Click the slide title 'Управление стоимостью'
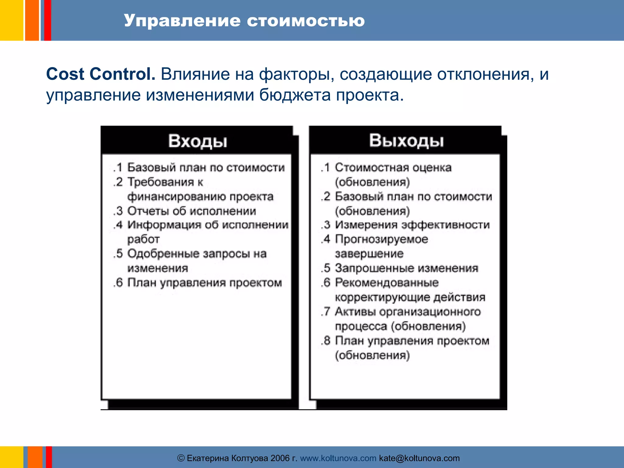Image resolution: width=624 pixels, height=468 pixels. [x=244, y=21]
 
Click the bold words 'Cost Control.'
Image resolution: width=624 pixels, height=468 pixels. [x=101, y=74]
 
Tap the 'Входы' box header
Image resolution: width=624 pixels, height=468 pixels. [x=197, y=141]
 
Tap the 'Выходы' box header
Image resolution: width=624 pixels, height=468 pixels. [x=406, y=141]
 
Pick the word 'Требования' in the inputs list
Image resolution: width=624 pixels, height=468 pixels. [x=161, y=182]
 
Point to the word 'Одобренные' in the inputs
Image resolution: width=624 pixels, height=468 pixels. [x=162, y=253]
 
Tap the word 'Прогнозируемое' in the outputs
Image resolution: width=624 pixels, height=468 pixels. [x=381, y=239]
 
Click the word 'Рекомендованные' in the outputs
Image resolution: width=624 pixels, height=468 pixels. [x=387, y=282]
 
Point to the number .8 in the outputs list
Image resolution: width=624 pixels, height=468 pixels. [x=326, y=340]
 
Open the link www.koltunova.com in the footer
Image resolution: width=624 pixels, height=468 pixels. [x=338, y=458]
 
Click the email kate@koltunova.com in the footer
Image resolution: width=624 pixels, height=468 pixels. [x=419, y=458]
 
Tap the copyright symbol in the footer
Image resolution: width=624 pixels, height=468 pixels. [x=181, y=458]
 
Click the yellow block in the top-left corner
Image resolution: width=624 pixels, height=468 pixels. [x=11, y=20]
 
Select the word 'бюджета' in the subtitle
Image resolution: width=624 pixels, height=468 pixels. [x=295, y=95]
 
